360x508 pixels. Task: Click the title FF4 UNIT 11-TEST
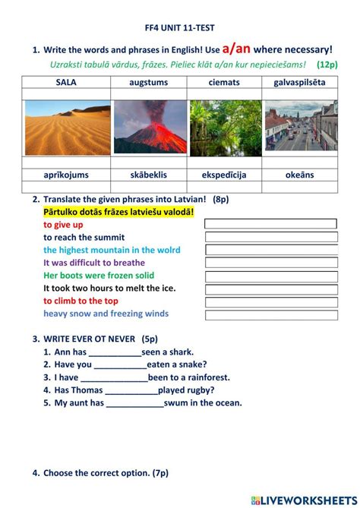tap(179, 27)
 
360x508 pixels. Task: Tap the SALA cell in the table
tap(66, 82)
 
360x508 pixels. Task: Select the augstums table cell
tap(149, 82)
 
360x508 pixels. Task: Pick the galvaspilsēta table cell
tap(299, 82)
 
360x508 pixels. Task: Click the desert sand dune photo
tap(67, 127)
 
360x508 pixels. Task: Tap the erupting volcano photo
tap(149, 127)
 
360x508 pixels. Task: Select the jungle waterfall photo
tap(225, 127)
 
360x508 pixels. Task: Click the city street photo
tap(299, 127)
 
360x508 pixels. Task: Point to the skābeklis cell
tap(149, 175)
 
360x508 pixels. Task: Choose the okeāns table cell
tap(299, 175)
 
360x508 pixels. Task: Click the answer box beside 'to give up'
tap(270, 224)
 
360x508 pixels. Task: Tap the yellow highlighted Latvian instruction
tap(118, 212)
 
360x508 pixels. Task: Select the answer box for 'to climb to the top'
tap(270, 301)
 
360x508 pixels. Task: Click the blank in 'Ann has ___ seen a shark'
tap(115, 352)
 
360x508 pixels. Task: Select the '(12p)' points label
tap(328, 65)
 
